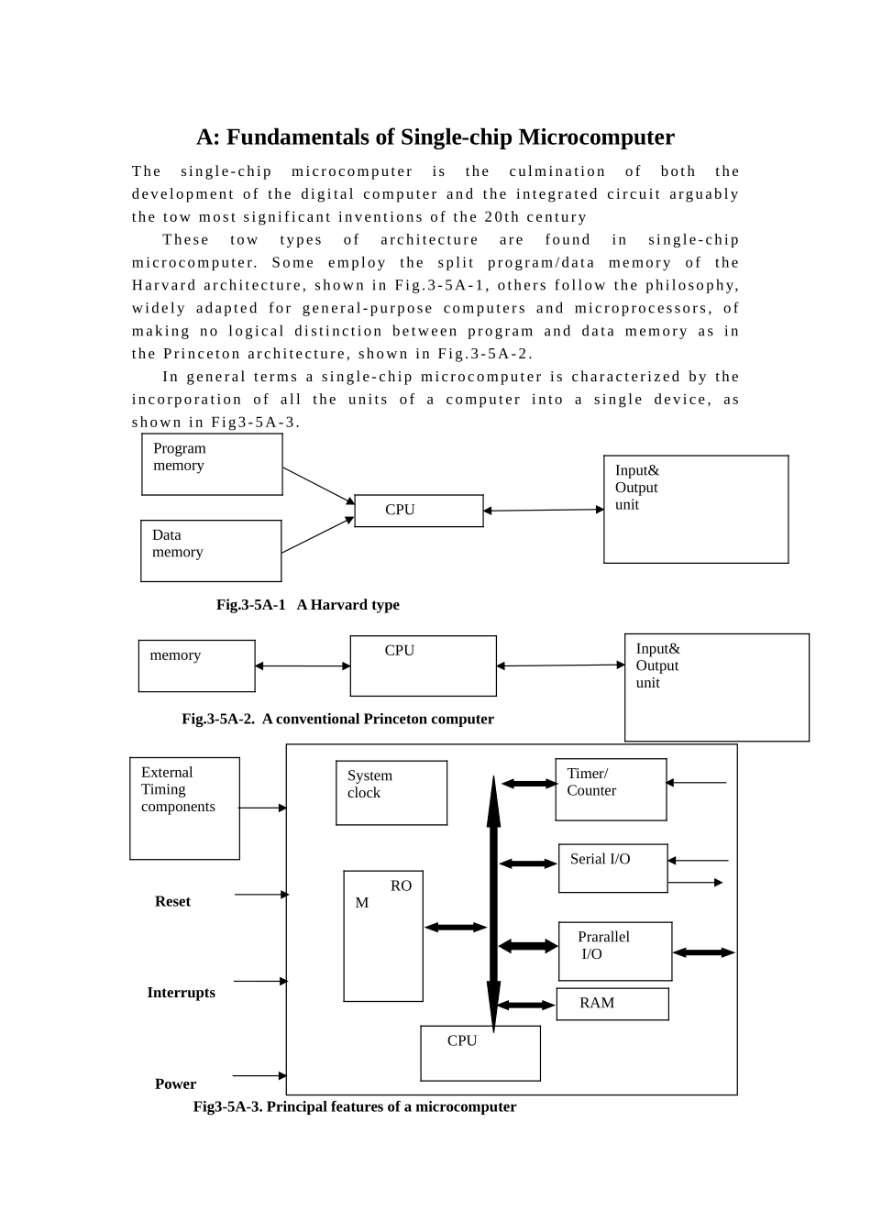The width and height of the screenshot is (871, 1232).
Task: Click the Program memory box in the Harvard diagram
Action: (x=212, y=465)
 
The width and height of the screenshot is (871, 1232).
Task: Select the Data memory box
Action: (x=211, y=551)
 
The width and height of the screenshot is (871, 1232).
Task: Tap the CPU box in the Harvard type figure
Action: (x=418, y=511)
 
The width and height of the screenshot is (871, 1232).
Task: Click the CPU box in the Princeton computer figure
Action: (x=423, y=666)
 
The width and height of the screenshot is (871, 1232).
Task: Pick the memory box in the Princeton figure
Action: (x=196, y=666)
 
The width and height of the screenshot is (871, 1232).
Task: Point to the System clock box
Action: (x=391, y=793)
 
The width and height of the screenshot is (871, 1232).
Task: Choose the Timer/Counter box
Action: (x=611, y=789)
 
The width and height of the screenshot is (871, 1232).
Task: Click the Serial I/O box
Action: (x=612, y=868)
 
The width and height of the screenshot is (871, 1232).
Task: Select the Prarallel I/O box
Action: (x=615, y=951)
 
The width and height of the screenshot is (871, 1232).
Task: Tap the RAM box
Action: (x=612, y=1004)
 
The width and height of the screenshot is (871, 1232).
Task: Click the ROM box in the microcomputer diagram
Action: (x=383, y=936)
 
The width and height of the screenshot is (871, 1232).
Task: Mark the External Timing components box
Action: (x=184, y=808)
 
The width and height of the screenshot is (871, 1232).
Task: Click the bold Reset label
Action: (x=172, y=901)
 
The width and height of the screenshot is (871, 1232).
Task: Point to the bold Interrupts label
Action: (x=181, y=993)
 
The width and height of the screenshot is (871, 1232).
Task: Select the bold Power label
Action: (x=175, y=1083)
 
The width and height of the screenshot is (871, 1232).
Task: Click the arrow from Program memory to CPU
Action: (x=318, y=486)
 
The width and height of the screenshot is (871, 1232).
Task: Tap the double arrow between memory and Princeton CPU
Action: (x=303, y=666)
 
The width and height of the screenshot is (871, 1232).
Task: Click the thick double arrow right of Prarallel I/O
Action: (x=703, y=952)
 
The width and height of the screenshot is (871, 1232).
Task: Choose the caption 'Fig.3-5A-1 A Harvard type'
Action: (x=307, y=605)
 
